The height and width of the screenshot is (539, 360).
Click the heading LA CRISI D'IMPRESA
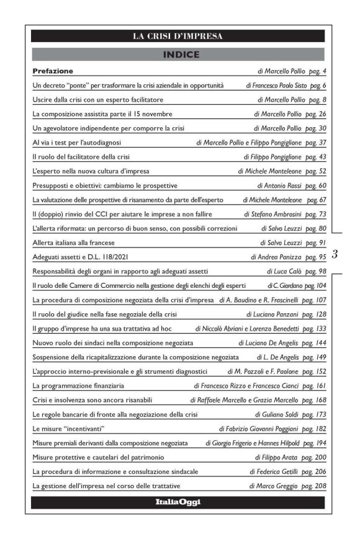point(178,36)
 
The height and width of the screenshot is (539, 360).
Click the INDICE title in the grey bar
point(178,55)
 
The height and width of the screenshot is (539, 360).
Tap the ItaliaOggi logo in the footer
point(178,502)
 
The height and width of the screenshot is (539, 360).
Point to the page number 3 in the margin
point(335,254)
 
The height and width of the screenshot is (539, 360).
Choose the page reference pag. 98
point(314,272)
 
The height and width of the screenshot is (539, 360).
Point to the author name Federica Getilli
point(277,472)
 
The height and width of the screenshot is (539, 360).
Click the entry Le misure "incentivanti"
point(68,429)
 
